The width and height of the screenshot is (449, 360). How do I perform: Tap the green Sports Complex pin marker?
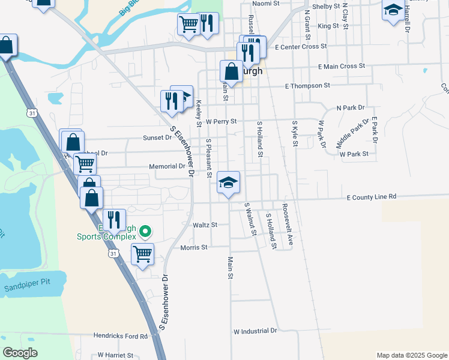click(x=145, y=230)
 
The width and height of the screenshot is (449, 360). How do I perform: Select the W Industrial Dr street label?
click(x=255, y=331)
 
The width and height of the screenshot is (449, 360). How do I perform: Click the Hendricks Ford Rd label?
click(x=120, y=336)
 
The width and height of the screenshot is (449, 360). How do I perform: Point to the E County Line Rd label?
click(x=372, y=196)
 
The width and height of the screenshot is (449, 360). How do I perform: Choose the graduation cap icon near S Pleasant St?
click(x=228, y=182)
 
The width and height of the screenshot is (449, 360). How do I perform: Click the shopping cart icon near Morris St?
click(x=142, y=254)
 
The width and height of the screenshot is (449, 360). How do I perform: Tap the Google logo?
click(x=20, y=353)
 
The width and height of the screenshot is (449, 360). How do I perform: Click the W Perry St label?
click(x=221, y=121)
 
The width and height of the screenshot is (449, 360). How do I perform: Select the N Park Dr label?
click(x=351, y=108)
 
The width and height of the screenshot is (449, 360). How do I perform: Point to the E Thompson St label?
click(x=307, y=86)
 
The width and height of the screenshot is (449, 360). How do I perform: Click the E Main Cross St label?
click(x=342, y=66)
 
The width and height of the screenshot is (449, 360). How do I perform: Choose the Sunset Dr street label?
click(x=157, y=137)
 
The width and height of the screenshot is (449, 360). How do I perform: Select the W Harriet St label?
click(x=115, y=355)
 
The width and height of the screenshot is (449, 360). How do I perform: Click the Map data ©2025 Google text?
click(x=411, y=355)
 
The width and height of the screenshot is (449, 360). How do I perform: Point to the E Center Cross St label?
click(x=300, y=46)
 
